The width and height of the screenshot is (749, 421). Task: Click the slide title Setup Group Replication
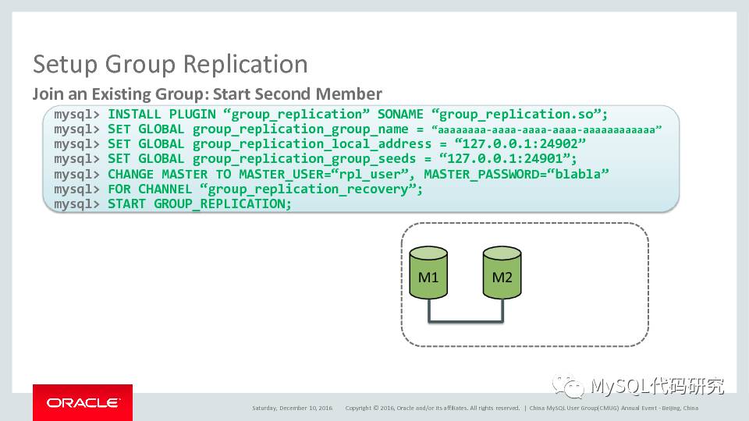click(x=170, y=64)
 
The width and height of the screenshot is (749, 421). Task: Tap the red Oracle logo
click(x=83, y=402)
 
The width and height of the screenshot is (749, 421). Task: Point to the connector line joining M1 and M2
click(x=465, y=320)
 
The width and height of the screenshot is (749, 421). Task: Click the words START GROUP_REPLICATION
click(x=199, y=204)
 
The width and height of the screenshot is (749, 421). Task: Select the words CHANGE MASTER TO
click(x=169, y=174)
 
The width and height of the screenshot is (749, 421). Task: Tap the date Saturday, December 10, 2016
click(x=293, y=408)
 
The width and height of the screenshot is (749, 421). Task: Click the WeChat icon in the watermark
click(x=568, y=386)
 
